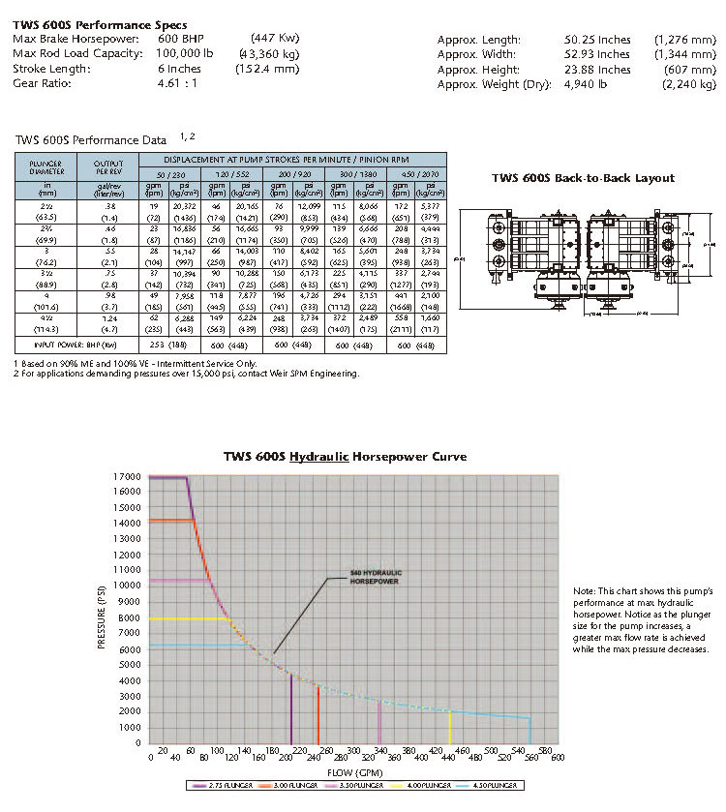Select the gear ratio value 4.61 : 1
tap(178, 83)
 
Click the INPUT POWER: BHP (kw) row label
tap(70, 345)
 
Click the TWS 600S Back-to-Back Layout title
tap(583, 178)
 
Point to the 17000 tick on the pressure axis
tap(126, 476)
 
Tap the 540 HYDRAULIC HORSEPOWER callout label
tap(375, 578)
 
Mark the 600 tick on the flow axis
tap(558, 759)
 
